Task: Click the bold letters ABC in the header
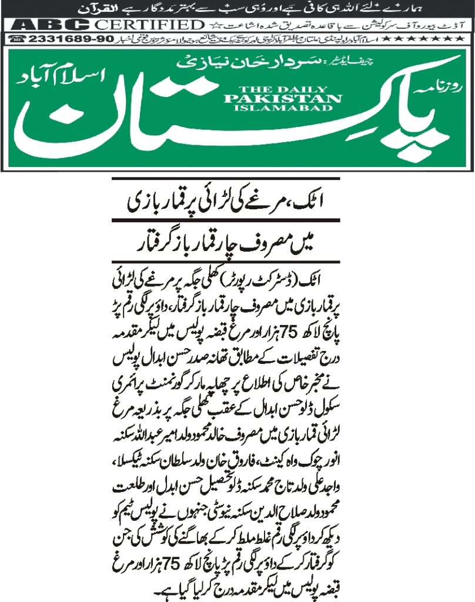point(50,25)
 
